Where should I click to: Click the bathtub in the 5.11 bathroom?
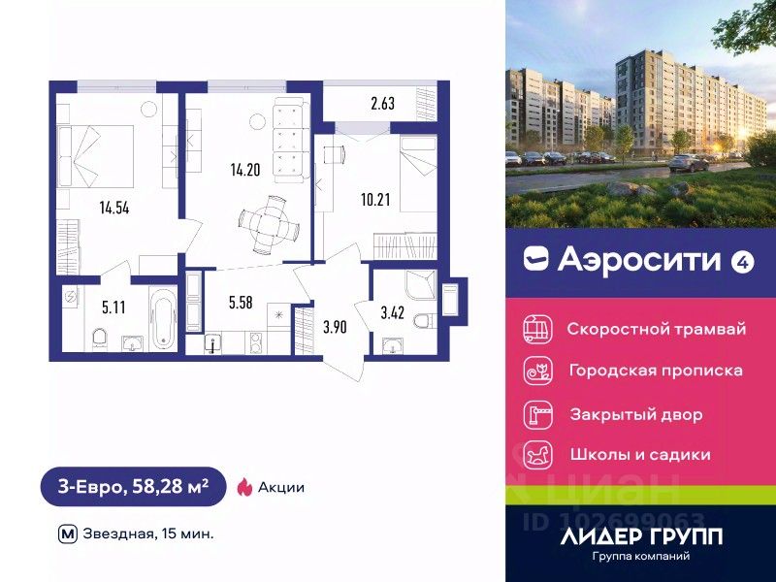tap(163, 317)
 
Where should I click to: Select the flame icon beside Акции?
tap(245, 487)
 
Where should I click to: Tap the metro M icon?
tap(68, 533)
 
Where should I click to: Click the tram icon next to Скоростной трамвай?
tap(535, 328)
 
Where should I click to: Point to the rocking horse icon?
tap(535, 454)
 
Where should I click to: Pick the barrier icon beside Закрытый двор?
tap(535, 413)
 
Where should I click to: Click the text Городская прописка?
tap(655, 371)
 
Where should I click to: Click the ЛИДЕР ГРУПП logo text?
tap(641, 536)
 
